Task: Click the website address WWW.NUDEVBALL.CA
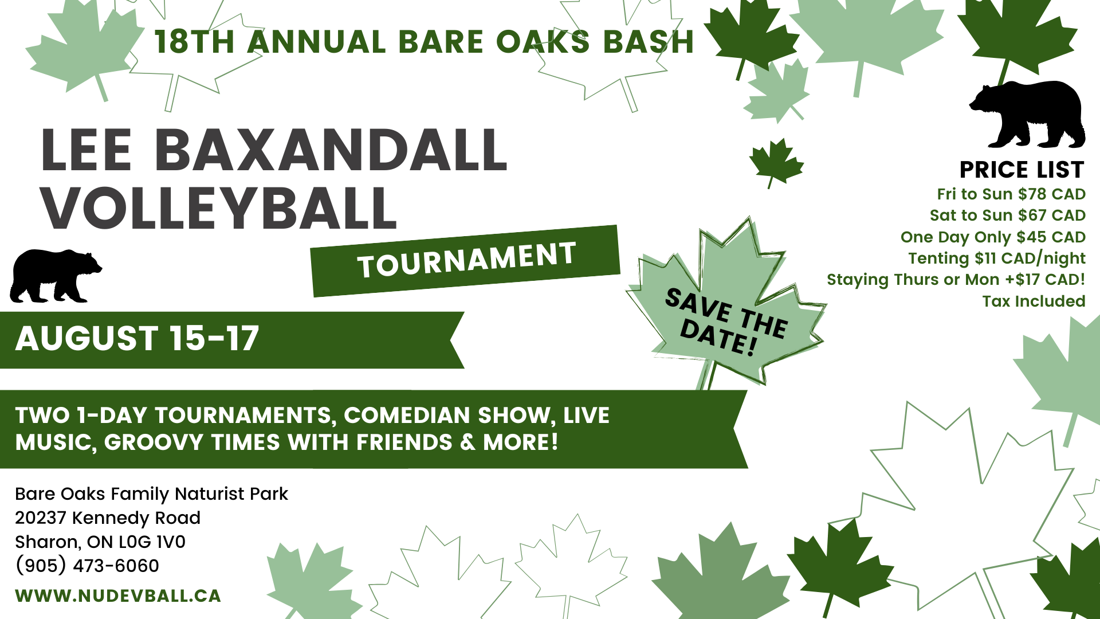(x=118, y=596)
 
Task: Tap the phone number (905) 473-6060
(x=87, y=566)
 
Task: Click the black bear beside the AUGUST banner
(x=56, y=276)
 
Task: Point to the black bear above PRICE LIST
(x=1027, y=115)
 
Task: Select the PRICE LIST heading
(x=1022, y=170)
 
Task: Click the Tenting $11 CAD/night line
(x=997, y=258)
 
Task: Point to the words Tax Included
(x=1034, y=301)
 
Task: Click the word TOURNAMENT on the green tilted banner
(x=466, y=260)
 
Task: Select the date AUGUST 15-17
(x=137, y=338)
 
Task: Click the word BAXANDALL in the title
(x=331, y=150)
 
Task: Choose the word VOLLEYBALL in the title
(x=219, y=208)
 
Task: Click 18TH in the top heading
(x=195, y=42)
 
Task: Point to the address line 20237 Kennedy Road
(x=108, y=518)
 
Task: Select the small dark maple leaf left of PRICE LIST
(x=776, y=162)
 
